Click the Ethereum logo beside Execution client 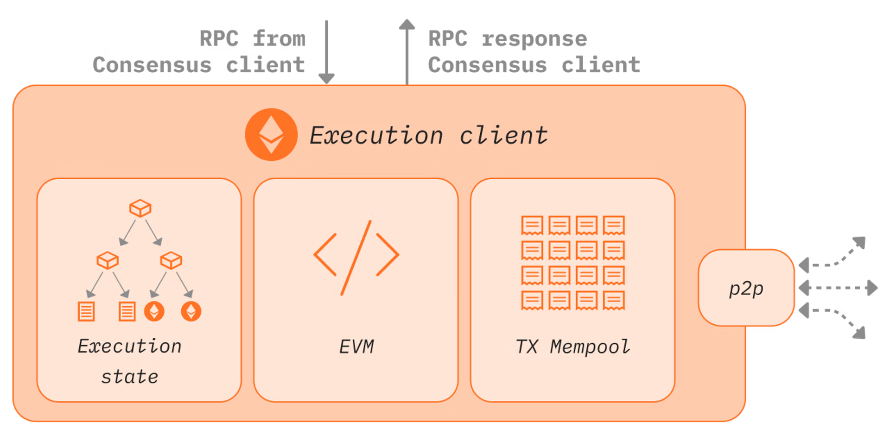click(x=271, y=135)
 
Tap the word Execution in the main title click(x=376, y=136)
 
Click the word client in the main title click(x=503, y=136)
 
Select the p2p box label click(x=746, y=289)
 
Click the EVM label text click(x=356, y=347)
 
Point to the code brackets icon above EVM click(x=356, y=257)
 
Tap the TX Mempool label click(x=572, y=347)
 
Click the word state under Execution click(x=130, y=377)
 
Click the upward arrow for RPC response click(x=407, y=51)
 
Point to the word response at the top click(x=536, y=39)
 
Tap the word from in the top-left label click(x=279, y=39)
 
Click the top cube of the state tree click(x=140, y=208)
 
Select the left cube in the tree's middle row click(x=108, y=260)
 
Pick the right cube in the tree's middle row click(x=171, y=260)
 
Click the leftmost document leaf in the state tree click(x=86, y=311)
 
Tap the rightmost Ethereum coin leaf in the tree click(x=191, y=311)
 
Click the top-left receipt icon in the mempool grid click(x=532, y=226)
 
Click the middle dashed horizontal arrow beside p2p click(x=838, y=288)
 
